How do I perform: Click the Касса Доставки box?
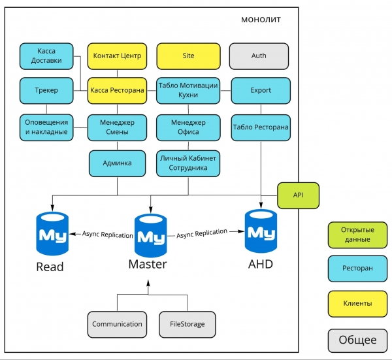(x=46, y=56)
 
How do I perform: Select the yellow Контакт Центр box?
(x=118, y=56)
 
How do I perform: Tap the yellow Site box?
(x=188, y=56)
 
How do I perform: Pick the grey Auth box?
(x=259, y=56)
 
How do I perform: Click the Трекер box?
(x=46, y=90)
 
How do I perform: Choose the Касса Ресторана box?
(x=118, y=90)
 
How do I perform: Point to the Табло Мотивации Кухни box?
(x=188, y=90)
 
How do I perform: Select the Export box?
(x=261, y=90)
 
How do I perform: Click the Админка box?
(x=118, y=163)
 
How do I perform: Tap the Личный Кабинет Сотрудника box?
(x=188, y=163)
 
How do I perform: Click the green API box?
(x=298, y=195)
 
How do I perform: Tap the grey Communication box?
(x=117, y=324)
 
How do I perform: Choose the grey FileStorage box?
(x=187, y=324)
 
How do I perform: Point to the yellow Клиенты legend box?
(x=357, y=303)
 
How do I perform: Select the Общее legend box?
(x=357, y=340)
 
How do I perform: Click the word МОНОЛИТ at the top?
(x=261, y=20)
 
